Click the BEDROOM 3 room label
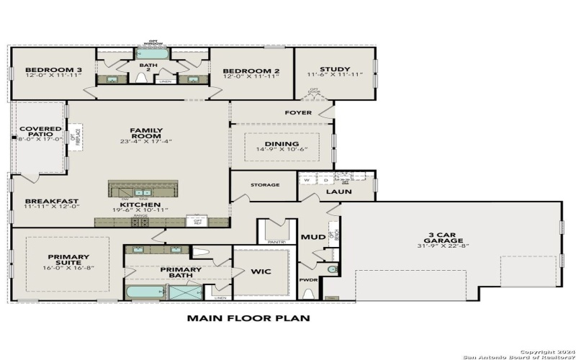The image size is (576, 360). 30,71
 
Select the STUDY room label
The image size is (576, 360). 334,70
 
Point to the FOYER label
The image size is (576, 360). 298,112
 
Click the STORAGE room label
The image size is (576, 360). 265,185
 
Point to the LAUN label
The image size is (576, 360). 337,192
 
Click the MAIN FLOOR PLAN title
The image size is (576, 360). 248,317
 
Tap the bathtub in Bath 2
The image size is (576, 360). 152,53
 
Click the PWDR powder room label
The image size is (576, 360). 308,279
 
